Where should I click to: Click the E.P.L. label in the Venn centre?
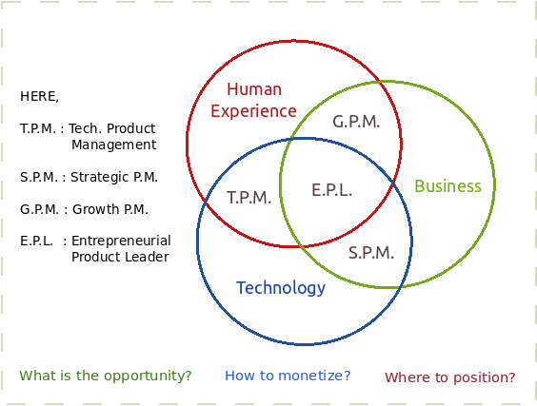coord(332,190)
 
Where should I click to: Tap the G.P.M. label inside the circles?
coord(356,122)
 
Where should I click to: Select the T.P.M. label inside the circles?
coord(249,198)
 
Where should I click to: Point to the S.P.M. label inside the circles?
coord(371,253)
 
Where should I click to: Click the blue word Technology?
coord(281,288)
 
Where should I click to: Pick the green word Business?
coord(447,186)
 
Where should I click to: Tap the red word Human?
coord(254,89)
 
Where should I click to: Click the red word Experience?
coord(253,111)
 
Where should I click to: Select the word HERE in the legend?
coord(39,96)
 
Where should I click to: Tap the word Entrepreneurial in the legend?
coord(121,241)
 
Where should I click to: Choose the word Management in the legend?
coord(113,145)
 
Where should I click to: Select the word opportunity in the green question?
coord(148,376)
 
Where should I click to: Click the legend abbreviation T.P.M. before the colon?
coord(38,128)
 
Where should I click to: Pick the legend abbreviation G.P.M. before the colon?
coord(39,209)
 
